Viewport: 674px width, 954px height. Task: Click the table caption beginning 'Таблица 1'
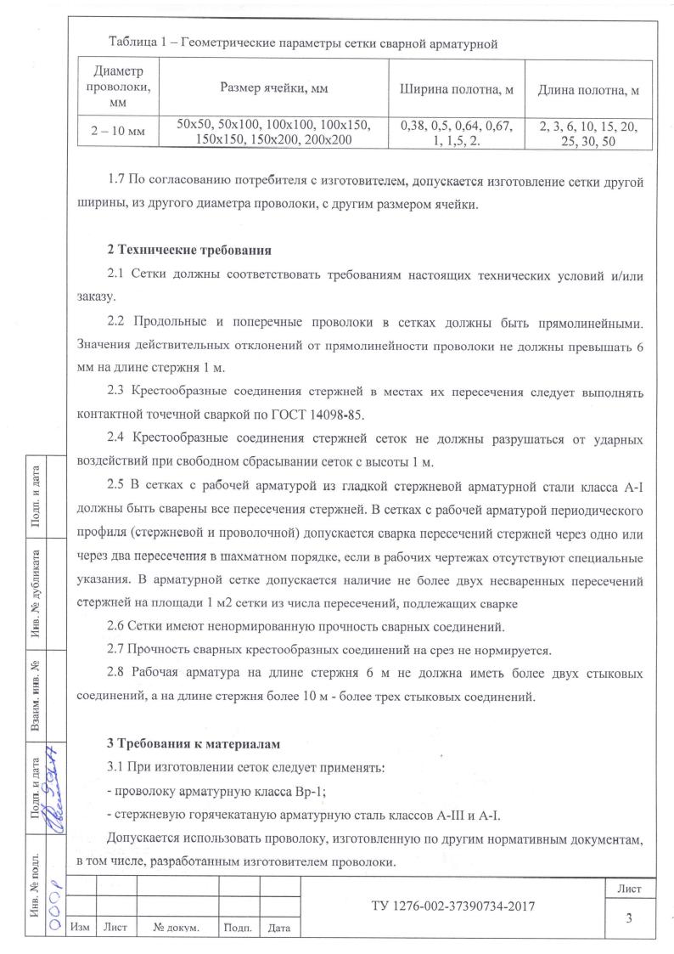(x=302, y=42)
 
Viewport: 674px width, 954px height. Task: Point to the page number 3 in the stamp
(x=629, y=917)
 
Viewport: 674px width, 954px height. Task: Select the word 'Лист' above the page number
(x=629, y=889)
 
